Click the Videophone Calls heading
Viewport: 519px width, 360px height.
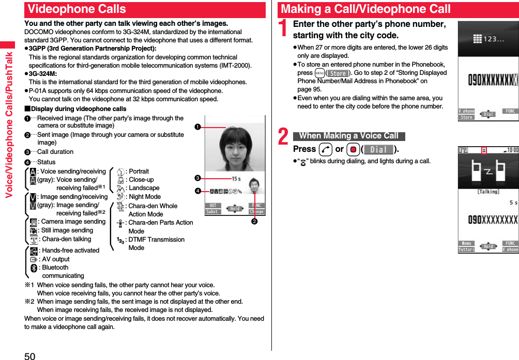78,9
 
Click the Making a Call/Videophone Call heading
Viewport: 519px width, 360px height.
366,9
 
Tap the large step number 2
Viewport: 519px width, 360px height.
283,137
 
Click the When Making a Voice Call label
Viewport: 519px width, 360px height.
349,136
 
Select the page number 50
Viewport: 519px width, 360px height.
29,355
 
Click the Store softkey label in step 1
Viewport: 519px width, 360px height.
338,73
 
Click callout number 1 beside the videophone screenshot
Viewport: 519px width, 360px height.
197,127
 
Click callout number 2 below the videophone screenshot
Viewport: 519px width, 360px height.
254,222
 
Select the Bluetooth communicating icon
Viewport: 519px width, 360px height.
34,268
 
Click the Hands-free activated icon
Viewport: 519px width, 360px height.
34,251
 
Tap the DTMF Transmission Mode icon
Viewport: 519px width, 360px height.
120,240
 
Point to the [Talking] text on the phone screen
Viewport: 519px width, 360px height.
487,191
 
